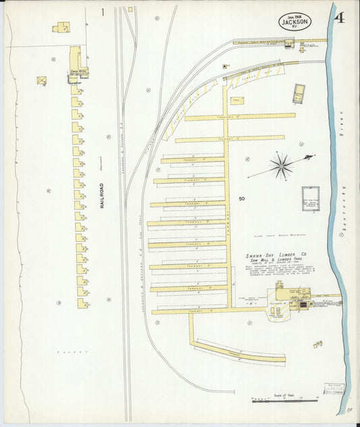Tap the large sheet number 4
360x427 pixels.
pyautogui.click(x=339, y=17)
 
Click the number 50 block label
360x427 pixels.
pyautogui.click(x=242, y=199)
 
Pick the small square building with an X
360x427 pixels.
pyautogui.click(x=42, y=80)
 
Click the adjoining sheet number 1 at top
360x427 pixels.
pyautogui.click(x=103, y=12)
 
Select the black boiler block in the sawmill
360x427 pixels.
pyautogui.click(x=303, y=305)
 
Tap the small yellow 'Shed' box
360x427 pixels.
pyautogui.click(x=237, y=101)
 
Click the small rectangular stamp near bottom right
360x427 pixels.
pyautogui.click(x=334, y=388)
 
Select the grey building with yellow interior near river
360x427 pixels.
pyautogui.click(x=299, y=93)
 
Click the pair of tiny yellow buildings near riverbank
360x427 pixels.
pyautogui.click(x=317, y=345)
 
